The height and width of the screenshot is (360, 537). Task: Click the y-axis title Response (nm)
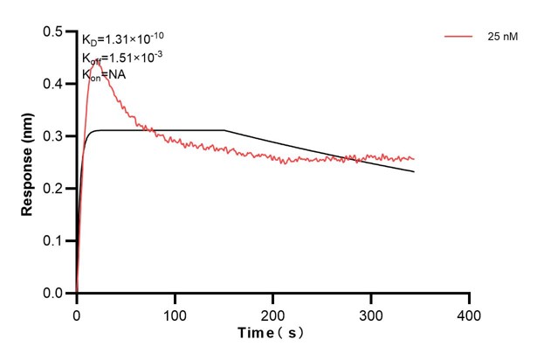pos(28,162)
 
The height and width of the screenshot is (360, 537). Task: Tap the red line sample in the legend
pos(458,37)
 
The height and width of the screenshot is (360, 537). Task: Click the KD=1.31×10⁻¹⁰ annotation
pos(123,38)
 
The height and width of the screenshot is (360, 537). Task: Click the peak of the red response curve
pos(97,62)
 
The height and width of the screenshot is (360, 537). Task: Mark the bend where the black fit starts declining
pos(224,130)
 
